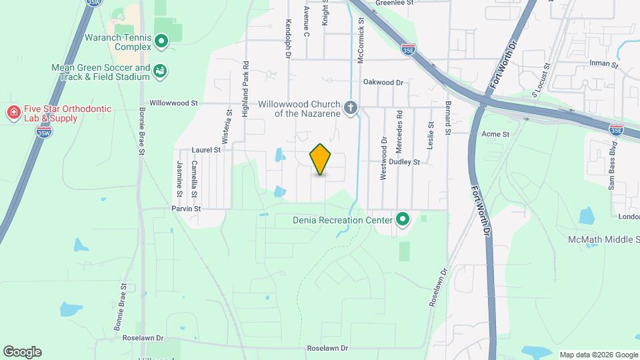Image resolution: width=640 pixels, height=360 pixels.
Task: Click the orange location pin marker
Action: pos(321,159)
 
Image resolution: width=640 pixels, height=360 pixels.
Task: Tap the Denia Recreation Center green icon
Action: pos(403,219)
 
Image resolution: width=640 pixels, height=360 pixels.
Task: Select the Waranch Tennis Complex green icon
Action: pos(161,42)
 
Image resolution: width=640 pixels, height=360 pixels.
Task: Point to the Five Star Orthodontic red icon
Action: pos(13,113)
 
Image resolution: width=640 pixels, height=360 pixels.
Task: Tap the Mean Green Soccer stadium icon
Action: pos(160,71)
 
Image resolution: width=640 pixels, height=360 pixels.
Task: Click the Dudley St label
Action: pos(405,162)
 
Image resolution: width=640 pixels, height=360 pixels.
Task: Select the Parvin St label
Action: pos(186,209)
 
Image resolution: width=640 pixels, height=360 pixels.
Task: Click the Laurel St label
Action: pos(206,151)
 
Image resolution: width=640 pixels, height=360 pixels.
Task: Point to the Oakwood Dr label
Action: pos(383,83)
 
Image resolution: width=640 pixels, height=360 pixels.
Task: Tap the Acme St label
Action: pos(495,134)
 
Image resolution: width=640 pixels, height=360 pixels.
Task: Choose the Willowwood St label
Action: pos(174,103)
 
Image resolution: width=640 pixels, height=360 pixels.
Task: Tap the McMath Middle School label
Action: pos(603,239)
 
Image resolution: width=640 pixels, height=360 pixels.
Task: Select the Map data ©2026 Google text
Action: pos(598,355)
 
